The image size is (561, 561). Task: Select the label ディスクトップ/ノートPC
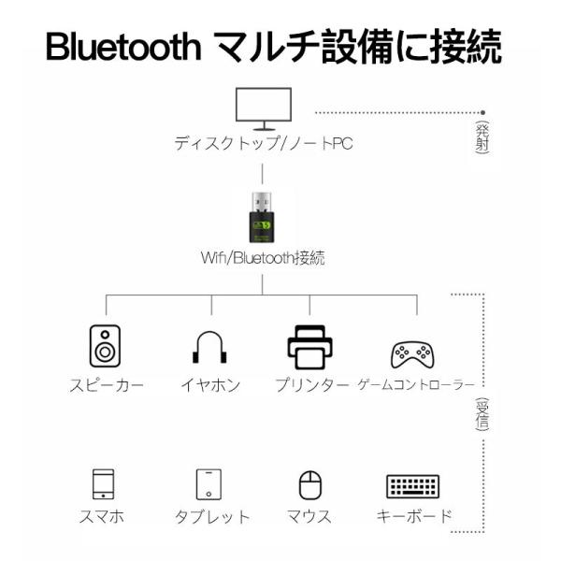point(263,145)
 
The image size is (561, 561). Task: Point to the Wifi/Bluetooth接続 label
point(263,257)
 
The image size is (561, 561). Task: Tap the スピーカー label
point(106,385)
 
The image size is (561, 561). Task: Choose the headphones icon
point(211,348)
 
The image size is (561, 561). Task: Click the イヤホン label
point(211,385)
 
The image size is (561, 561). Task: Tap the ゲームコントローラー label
point(416,385)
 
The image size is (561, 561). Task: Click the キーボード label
point(413,516)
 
